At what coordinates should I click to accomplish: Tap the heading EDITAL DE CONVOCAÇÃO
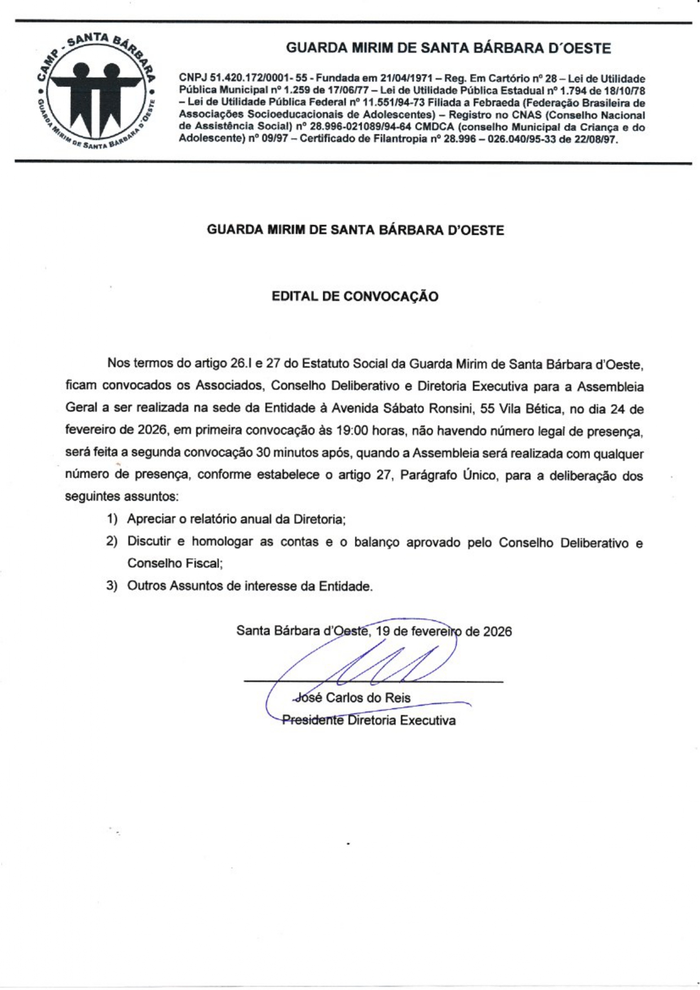[355, 297]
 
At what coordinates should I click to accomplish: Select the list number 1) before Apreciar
[112, 519]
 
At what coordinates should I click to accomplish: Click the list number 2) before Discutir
[112, 542]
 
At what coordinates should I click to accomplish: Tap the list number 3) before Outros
[112, 586]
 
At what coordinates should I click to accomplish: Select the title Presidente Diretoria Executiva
[369, 721]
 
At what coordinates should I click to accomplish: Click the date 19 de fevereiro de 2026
[444, 631]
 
